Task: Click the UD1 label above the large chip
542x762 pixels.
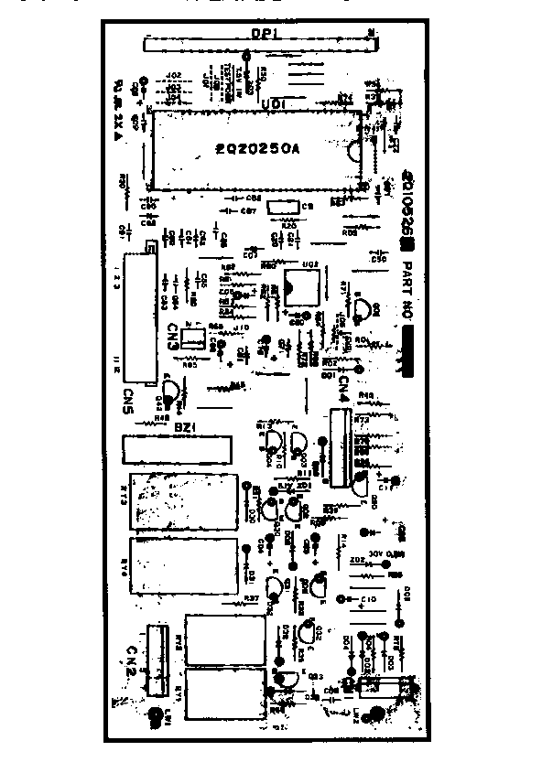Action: click(271, 104)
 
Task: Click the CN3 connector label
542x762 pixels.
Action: click(173, 338)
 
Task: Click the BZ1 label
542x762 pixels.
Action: click(179, 426)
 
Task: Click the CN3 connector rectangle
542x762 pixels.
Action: click(193, 338)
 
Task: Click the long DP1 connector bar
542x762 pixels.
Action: click(260, 42)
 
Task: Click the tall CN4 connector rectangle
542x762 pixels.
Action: click(338, 448)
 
